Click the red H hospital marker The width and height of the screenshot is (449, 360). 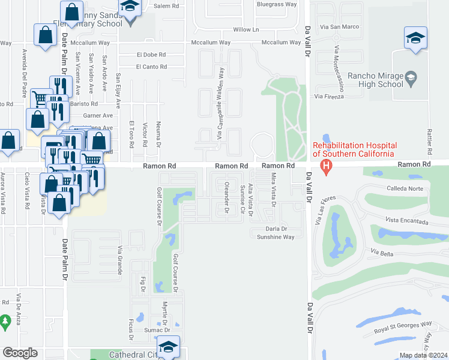pyautogui.click(x=326, y=166)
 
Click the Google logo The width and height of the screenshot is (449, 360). pyautogui.click(x=20, y=353)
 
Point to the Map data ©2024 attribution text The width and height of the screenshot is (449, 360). pyautogui.click(x=424, y=355)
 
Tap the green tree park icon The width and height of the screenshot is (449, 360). pyautogui.click(x=5, y=323)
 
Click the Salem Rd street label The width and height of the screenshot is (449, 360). pyautogui.click(x=166, y=5)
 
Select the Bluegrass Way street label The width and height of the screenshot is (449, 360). pyautogui.click(x=277, y=4)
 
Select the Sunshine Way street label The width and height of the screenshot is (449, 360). pyautogui.click(x=276, y=237)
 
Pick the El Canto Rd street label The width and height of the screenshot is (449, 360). pyautogui.click(x=151, y=67)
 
